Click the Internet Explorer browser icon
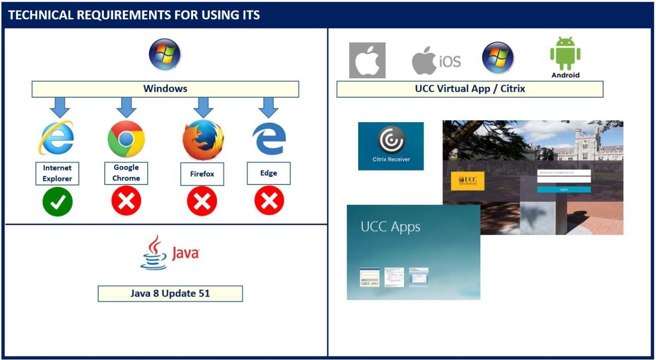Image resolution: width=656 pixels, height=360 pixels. click(56, 138)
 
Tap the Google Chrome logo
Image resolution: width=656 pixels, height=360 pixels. click(126, 139)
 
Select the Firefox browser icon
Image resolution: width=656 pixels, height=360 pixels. click(203, 140)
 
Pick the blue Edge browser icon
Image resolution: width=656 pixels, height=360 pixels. click(269, 139)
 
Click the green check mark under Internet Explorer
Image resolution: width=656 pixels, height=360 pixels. click(57, 201)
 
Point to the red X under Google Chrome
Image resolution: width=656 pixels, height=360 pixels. click(126, 201)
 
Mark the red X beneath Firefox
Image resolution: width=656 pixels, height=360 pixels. click(202, 201)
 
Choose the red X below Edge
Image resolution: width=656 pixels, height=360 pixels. click(269, 201)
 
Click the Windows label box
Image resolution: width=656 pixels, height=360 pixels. click(165, 89)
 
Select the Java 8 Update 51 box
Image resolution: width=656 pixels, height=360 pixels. click(170, 294)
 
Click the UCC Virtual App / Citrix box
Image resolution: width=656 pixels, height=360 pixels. click(469, 89)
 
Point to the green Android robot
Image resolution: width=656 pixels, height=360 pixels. click(565, 54)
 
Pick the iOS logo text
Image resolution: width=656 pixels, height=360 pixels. click(449, 61)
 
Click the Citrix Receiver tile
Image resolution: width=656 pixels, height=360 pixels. click(391, 146)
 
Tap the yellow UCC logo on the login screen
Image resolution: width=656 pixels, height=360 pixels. click(467, 180)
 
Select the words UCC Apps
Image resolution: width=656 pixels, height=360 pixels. click(390, 227)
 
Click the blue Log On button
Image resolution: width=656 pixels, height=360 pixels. click(564, 189)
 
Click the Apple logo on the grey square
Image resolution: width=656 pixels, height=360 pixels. click(367, 61)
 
